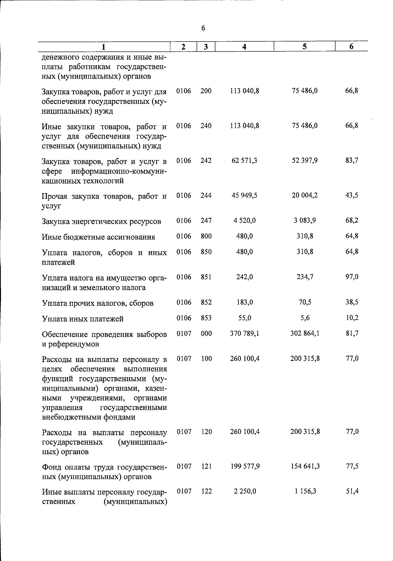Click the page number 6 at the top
203,29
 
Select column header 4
244,47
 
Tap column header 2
183,47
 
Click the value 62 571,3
244,161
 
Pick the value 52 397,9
305,161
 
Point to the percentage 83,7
352,161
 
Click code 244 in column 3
206,195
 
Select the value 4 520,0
244,221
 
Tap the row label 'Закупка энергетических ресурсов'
102,222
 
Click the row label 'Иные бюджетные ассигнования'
99,237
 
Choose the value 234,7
305,277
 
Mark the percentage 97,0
352,277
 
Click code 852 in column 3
206,302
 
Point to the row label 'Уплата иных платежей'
83,319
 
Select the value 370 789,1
244,334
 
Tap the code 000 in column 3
206,334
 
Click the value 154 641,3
305,466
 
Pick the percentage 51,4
352,491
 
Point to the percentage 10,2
352,318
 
